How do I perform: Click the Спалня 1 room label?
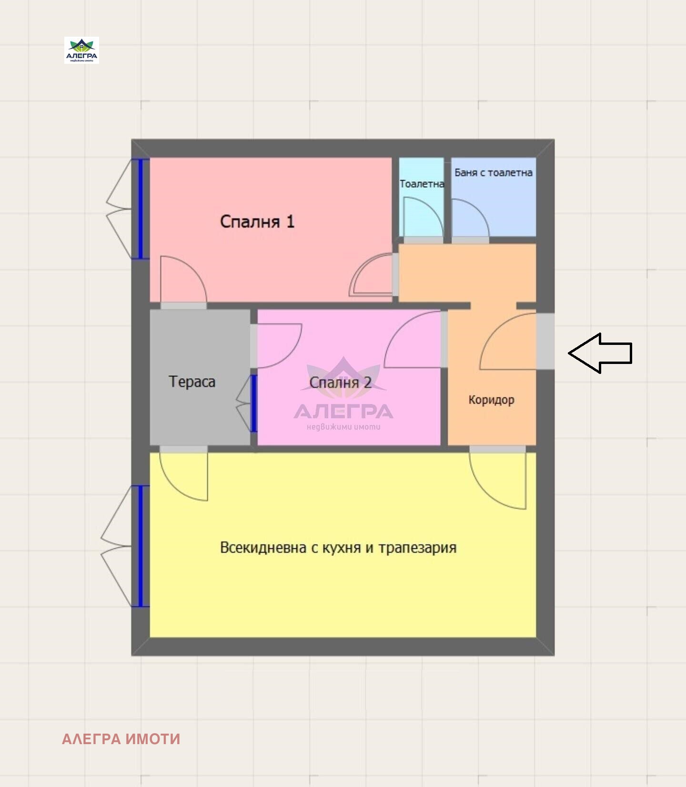pyautogui.click(x=257, y=222)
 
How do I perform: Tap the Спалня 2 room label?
pyautogui.click(x=340, y=382)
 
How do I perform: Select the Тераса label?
pyautogui.click(x=192, y=382)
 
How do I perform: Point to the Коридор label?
pyautogui.click(x=491, y=400)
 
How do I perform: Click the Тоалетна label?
pyautogui.click(x=422, y=184)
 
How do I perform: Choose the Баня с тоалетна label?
pyautogui.click(x=494, y=172)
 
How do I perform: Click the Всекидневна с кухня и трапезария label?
pyautogui.click(x=338, y=548)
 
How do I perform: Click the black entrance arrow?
pyautogui.click(x=600, y=353)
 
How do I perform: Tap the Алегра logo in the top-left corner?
pyautogui.click(x=81, y=50)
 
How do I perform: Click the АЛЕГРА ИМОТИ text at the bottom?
pyautogui.click(x=121, y=739)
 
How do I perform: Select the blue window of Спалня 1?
pyautogui.click(x=141, y=209)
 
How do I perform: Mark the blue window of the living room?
pyautogui.click(x=141, y=546)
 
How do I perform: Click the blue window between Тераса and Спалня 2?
pyautogui.click(x=254, y=404)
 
